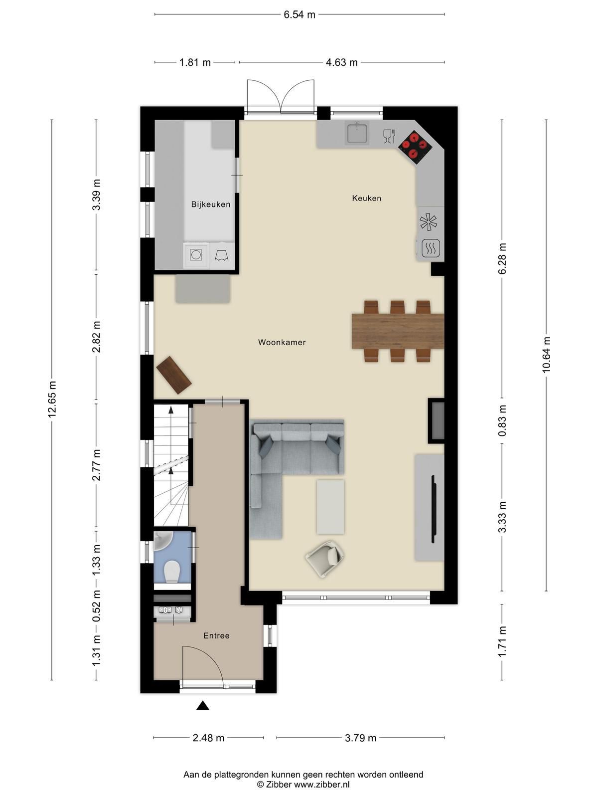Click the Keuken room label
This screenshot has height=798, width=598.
coord(366,198)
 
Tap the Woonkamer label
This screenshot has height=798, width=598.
coord(282,342)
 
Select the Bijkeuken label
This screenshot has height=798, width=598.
coord(210,204)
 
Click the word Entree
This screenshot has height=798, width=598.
coord(216,635)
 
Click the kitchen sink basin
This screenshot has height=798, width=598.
coord(357,133)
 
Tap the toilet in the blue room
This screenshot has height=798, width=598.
coord(172,572)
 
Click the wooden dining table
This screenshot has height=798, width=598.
coord(397,330)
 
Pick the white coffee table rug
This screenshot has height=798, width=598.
coord(330,507)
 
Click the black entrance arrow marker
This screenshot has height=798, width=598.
coord(202,705)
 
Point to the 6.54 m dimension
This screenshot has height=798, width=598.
coord(299,14)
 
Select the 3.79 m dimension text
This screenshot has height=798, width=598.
coord(360,738)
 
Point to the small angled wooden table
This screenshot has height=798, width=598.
coord(173,375)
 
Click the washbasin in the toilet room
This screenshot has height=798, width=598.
coord(163,541)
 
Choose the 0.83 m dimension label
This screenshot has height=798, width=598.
coord(502,420)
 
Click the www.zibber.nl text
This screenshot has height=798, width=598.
coord(321,785)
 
